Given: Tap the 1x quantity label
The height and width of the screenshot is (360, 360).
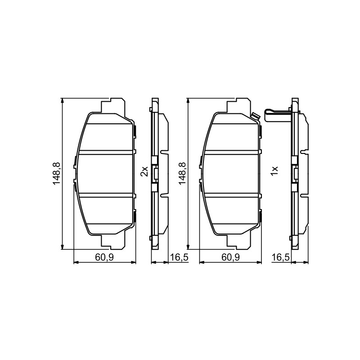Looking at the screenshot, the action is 274,171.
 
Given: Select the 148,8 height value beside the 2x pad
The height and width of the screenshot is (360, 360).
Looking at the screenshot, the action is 56,173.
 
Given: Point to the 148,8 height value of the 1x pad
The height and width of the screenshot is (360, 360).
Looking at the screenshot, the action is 182,173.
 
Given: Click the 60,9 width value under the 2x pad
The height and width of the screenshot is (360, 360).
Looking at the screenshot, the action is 104,257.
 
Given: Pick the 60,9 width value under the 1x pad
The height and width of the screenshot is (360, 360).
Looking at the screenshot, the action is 230,257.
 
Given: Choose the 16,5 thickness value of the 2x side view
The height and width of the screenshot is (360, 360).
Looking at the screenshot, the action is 179,257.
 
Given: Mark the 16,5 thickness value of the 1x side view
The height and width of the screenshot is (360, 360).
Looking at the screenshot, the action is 281,257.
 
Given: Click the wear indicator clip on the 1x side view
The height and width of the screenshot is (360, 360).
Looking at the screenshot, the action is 278,113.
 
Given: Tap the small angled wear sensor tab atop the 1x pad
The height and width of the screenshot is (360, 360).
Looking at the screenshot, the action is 255,117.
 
